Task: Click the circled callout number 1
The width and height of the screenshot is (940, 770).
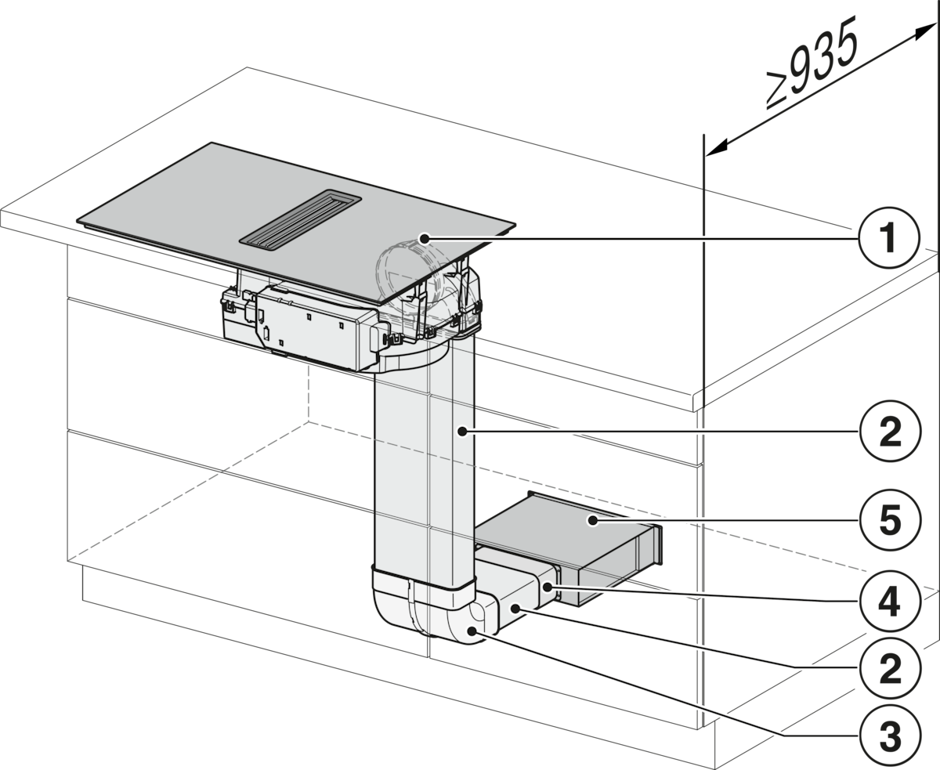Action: [x=889, y=238]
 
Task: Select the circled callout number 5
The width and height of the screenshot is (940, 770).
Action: [x=890, y=520]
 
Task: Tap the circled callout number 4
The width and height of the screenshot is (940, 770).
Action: [x=890, y=601]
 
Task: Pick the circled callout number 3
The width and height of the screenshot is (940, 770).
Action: [x=890, y=736]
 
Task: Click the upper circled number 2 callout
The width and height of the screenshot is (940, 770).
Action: [x=890, y=432]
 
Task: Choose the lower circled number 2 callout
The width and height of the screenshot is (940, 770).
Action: [x=890, y=668]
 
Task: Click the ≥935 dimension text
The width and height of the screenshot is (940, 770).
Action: [x=812, y=67]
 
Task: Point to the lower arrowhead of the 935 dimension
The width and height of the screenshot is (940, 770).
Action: [x=717, y=150]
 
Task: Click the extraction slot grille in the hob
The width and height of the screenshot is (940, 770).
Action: [x=300, y=218]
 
